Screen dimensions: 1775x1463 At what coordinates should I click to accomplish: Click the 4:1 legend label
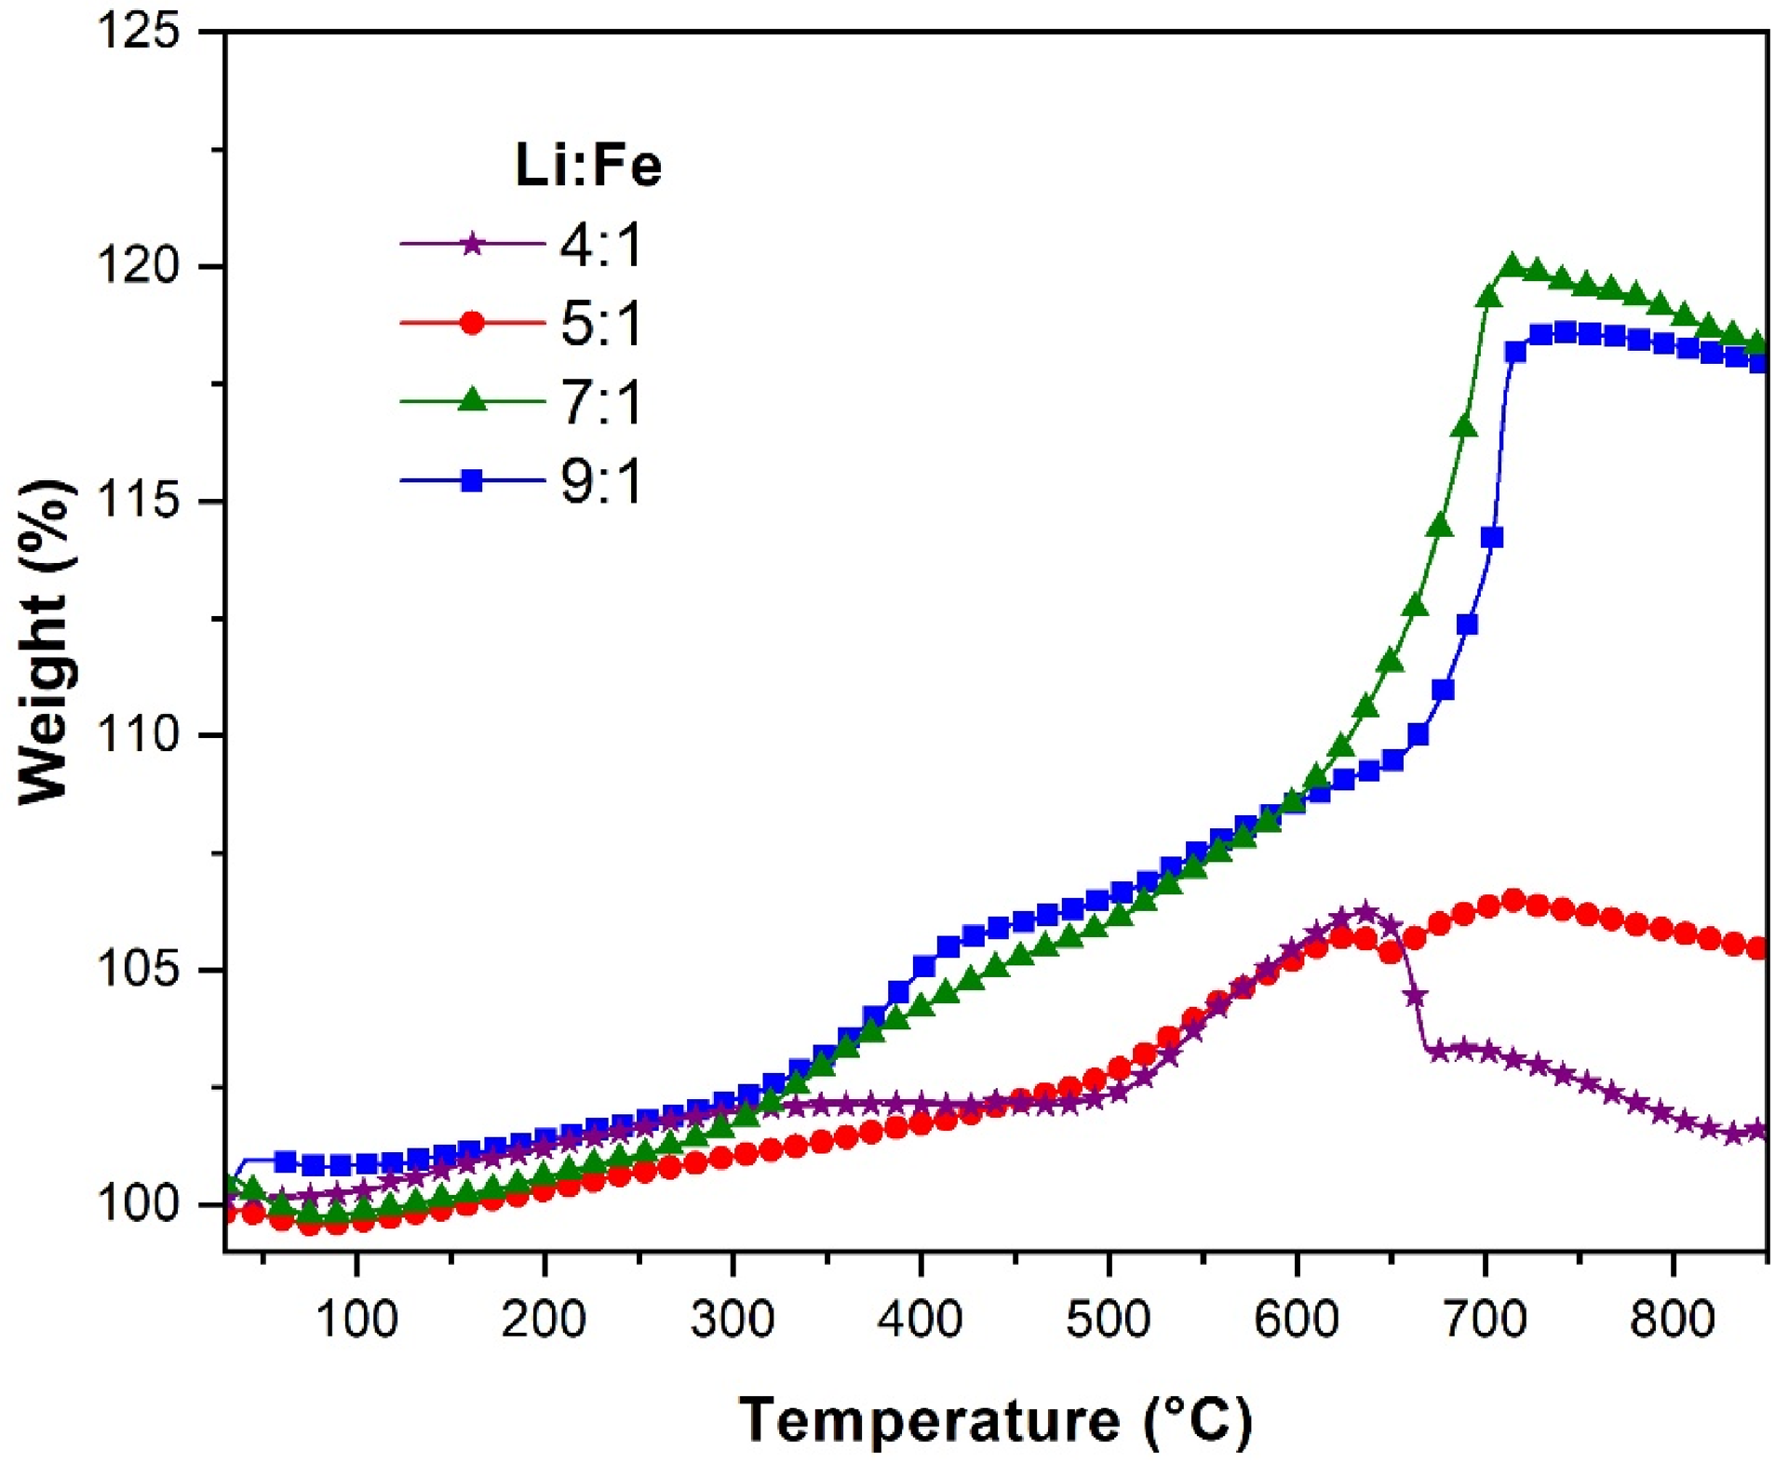pyautogui.click(x=601, y=246)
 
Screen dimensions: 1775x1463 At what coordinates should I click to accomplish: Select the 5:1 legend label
pyautogui.click(x=601, y=324)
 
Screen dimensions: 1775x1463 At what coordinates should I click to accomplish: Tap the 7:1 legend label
pyautogui.click(x=601, y=402)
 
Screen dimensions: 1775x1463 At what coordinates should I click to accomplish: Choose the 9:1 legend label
pyautogui.click(x=601, y=481)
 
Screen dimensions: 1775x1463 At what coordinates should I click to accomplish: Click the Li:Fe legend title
pyautogui.click(x=588, y=166)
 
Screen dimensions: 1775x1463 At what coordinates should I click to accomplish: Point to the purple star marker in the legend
pyautogui.click(x=473, y=245)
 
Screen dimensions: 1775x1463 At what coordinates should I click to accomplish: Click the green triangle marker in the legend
pyautogui.click(x=473, y=400)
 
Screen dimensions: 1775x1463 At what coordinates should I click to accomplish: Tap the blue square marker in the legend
pyautogui.click(x=473, y=480)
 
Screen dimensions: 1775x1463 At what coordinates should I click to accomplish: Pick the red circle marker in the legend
pyautogui.click(x=473, y=323)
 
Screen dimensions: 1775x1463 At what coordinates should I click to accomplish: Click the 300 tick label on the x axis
pyautogui.click(x=733, y=1319)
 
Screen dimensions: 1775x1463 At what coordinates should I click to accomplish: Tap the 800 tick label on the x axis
pyautogui.click(x=1673, y=1319)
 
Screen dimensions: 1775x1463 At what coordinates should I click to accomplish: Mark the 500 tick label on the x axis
pyautogui.click(x=1109, y=1319)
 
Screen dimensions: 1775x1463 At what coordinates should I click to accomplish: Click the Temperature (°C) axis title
pyautogui.click(x=996, y=1421)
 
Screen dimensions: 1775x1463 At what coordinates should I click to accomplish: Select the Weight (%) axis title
pyautogui.click(x=45, y=642)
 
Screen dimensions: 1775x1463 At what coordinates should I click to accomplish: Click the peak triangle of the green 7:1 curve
pyautogui.click(x=1513, y=265)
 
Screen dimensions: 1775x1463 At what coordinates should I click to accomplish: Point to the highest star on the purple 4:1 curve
pyautogui.click(x=1365, y=911)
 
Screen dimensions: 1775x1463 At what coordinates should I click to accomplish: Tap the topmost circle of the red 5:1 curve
pyautogui.click(x=1513, y=900)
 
